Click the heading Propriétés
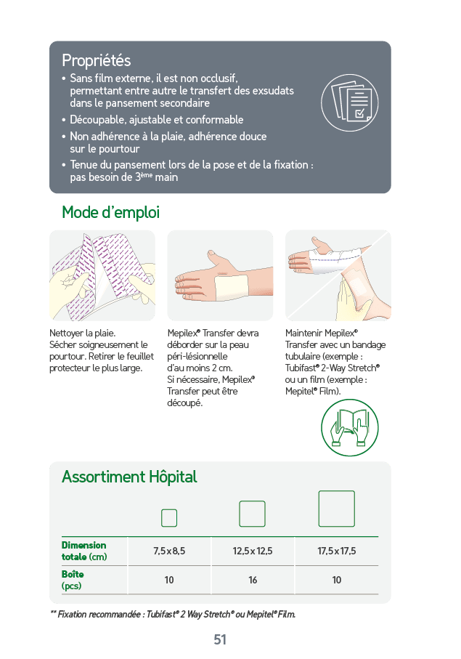click(96, 60)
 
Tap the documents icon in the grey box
click(349, 103)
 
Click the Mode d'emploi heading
click(110, 212)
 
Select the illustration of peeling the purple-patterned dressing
click(102, 275)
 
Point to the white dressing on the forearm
click(232, 287)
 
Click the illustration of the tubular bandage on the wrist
click(338, 275)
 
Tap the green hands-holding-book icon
click(349, 428)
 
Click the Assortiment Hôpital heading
click(129, 477)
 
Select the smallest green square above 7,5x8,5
click(169, 518)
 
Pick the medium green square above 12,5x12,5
click(253, 514)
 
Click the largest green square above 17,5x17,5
click(337, 509)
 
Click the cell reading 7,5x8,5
click(169, 551)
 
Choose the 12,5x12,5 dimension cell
click(253, 551)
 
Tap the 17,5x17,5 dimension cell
click(337, 551)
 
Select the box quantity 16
click(253, 580)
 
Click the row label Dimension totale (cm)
click(84, 551)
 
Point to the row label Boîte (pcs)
click(73, 580)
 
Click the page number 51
click(220, 639)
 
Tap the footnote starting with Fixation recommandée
click(173, 615)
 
